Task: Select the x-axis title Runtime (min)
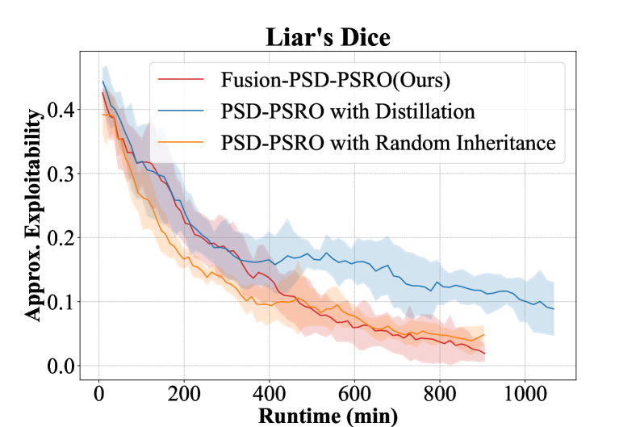tap(328, 415)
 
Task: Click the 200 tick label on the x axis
tap(184, 396)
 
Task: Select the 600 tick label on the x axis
tap(354, 396)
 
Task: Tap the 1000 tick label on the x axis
tap(525, 396)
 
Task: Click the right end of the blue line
tap(554, 309)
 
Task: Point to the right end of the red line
tap(484, 354)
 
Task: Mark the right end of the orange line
tap(484, 334)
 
